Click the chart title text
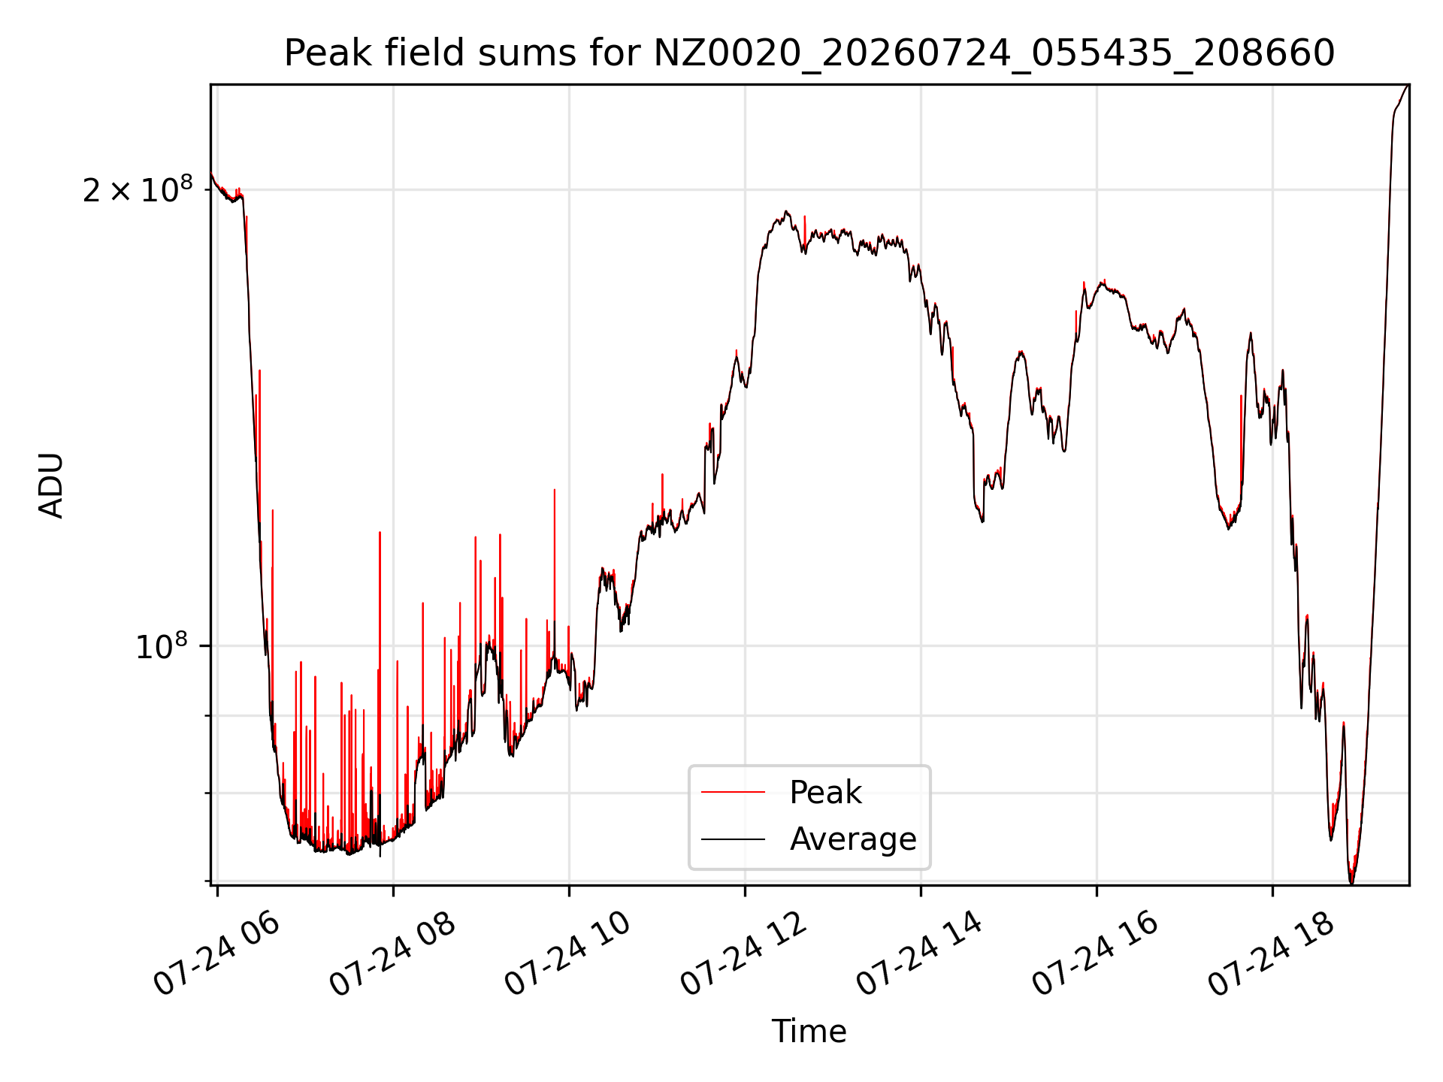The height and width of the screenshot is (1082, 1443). coord(809,53)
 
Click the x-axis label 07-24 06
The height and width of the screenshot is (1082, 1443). coord(217,955)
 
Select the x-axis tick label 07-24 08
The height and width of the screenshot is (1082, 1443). coord(393,955)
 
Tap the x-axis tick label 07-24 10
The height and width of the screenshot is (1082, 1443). coord(569,955)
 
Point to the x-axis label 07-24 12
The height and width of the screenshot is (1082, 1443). coord(745,955)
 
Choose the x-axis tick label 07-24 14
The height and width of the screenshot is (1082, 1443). coord(921,955)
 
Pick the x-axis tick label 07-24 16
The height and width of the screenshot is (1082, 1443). coord(1097,955)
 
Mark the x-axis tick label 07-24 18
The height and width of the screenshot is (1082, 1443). coord(1272,955)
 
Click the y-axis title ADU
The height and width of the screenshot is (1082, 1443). coord(52,485)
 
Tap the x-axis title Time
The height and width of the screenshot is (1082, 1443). coord(809,1032)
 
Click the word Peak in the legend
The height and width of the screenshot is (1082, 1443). coord(825,793)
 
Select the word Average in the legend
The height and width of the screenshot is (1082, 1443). coord(853,839)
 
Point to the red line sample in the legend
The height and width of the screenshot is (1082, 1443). coord(734,792)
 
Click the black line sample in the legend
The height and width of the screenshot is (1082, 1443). coord(734,839)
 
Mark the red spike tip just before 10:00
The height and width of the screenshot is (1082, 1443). coord(555,489)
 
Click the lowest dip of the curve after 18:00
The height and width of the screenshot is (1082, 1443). coord(1352,884)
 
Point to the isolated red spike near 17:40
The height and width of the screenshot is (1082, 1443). coord(1241,395)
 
